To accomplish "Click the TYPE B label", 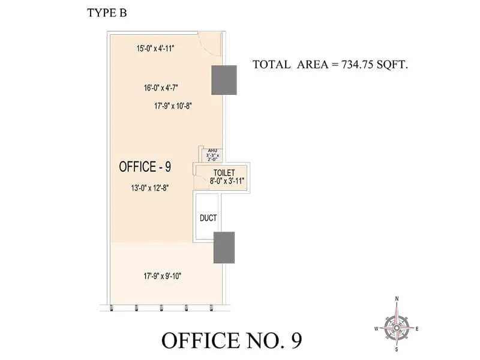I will click(107, 13).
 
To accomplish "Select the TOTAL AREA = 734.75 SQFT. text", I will click(330, 65).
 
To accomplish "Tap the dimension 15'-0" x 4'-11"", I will click(155, 48).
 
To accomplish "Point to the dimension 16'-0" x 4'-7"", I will click(161, 88).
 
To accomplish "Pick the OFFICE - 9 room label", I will click(145, 167).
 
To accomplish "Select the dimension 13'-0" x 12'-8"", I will click(149, 188).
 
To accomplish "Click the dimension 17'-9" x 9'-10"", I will click(162, 276).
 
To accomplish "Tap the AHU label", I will click(212, 150).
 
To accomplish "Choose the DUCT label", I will click(208, 218).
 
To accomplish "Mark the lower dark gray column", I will click(224, 247).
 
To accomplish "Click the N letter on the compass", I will click(397, 299).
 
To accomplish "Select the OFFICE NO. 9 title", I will click(232, 340).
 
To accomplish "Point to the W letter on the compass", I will click(376, 328).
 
